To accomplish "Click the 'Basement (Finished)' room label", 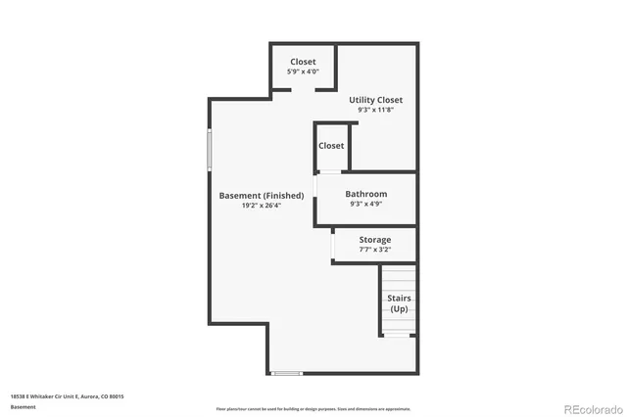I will point(261,195).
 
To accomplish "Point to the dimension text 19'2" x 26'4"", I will point(261,207).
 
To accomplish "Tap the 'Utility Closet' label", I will point(375,100).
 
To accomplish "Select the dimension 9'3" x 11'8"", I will point(375,111).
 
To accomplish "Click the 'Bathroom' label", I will point(365,194).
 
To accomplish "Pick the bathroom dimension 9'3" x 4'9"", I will point(365,206).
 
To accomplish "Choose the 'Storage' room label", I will point(374,240).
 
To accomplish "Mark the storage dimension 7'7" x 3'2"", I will point(374,251).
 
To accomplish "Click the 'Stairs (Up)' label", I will point(399,303).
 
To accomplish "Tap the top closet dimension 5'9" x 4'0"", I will point(303,72).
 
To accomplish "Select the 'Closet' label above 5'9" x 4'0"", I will point(303,62).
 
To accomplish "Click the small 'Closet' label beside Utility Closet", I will point(331,146).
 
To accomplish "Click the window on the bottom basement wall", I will point(286,373).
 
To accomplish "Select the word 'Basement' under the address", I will point(22,405).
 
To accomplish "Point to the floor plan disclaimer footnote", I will point(313,409).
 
